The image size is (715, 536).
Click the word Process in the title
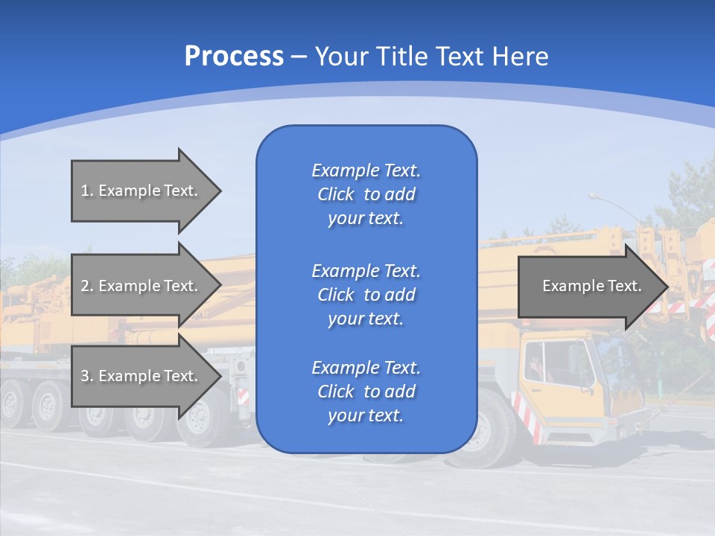click(x=234, y=57)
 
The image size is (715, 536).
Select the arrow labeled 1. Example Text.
click(x=142, y=191)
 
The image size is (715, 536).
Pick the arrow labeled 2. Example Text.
click(x=142, y=286)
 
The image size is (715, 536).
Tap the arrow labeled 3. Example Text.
click(x=142, y=376)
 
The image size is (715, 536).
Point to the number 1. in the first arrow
click(x=87, y=191)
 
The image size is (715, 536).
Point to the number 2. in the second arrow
click(x=87, y=286)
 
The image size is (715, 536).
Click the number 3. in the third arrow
click(x=87, y=376)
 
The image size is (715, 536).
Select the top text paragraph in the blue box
click(x=366, y=194)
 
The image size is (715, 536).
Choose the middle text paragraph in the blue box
click(x=366, y=295)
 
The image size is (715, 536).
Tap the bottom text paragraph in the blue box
click(x=366, y=392)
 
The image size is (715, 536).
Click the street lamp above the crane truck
click(x=596, y=197)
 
